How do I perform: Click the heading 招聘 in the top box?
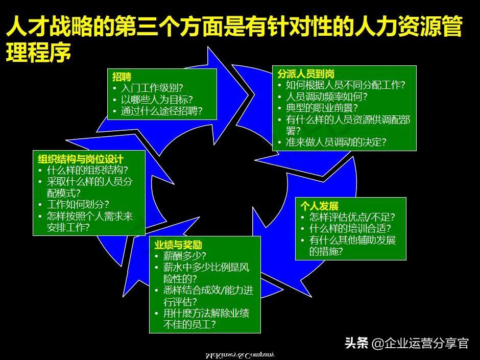(122, 77)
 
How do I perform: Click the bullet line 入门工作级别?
(152, 88)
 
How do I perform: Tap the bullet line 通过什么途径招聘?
(161, 111)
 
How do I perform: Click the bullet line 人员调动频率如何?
(326, 97)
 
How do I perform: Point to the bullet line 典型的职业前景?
(321, 108)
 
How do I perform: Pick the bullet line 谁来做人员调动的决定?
(335, 142)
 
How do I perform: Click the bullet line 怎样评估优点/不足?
(352, 217)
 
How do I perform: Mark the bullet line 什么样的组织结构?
(87, 171)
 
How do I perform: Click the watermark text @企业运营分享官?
(420, 343)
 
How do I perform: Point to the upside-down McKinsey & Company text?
(239, 354)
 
